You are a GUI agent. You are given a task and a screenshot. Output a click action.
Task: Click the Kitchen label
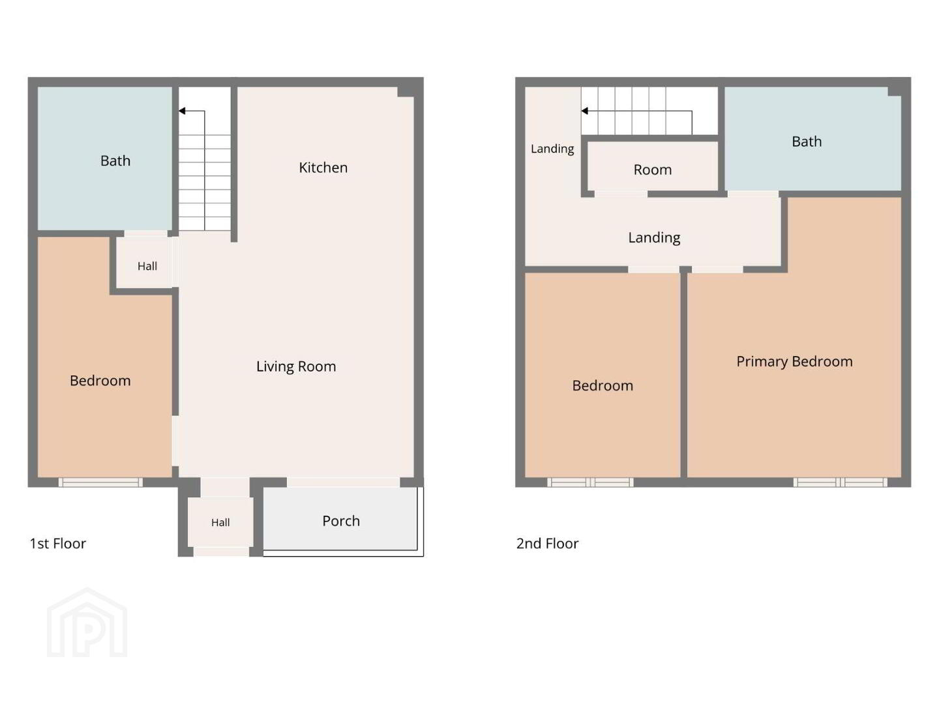click(x=323, y=168)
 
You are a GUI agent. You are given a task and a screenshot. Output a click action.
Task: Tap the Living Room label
click(x=296, y=367)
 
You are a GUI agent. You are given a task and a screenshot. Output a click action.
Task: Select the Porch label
click(x=341, y=521)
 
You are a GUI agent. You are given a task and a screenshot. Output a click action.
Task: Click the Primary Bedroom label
click(x=794, y=362)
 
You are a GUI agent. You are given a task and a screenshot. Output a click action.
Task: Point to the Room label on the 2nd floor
click(x=652, y=169)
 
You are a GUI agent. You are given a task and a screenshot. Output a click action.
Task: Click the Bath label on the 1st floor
click(x=115, y=161)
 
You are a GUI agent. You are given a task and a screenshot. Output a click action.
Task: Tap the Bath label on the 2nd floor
click(x=807, y=141)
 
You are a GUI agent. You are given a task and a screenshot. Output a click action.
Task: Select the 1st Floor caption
click(x=58, y=543)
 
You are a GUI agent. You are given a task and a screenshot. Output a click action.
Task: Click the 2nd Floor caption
click(x=547, y=543)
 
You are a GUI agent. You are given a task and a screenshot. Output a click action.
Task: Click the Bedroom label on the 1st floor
click(x=100, y=381)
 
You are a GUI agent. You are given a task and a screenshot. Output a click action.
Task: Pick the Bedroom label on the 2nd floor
click(x=603, y=385)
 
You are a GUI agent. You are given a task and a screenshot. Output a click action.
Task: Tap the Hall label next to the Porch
click(x=220, y=522)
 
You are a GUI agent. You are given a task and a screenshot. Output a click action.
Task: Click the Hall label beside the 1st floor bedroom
click(x=147, y=267)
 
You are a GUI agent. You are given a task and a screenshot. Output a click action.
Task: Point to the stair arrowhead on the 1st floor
click(x=182, y=111)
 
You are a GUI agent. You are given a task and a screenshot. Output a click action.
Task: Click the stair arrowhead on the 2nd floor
click(x=584, y=111)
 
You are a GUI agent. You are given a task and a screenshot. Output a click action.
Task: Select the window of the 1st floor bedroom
click(x=100, y=482)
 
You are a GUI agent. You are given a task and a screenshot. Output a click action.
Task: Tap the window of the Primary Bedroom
click(x=840, y=482)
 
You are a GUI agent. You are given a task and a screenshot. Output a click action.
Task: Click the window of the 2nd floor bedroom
click(x=590, y=482)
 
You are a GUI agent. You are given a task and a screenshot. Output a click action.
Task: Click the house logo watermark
click(x=87, y=623)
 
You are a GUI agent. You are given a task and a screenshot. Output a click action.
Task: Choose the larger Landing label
click(x=654, y=238)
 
